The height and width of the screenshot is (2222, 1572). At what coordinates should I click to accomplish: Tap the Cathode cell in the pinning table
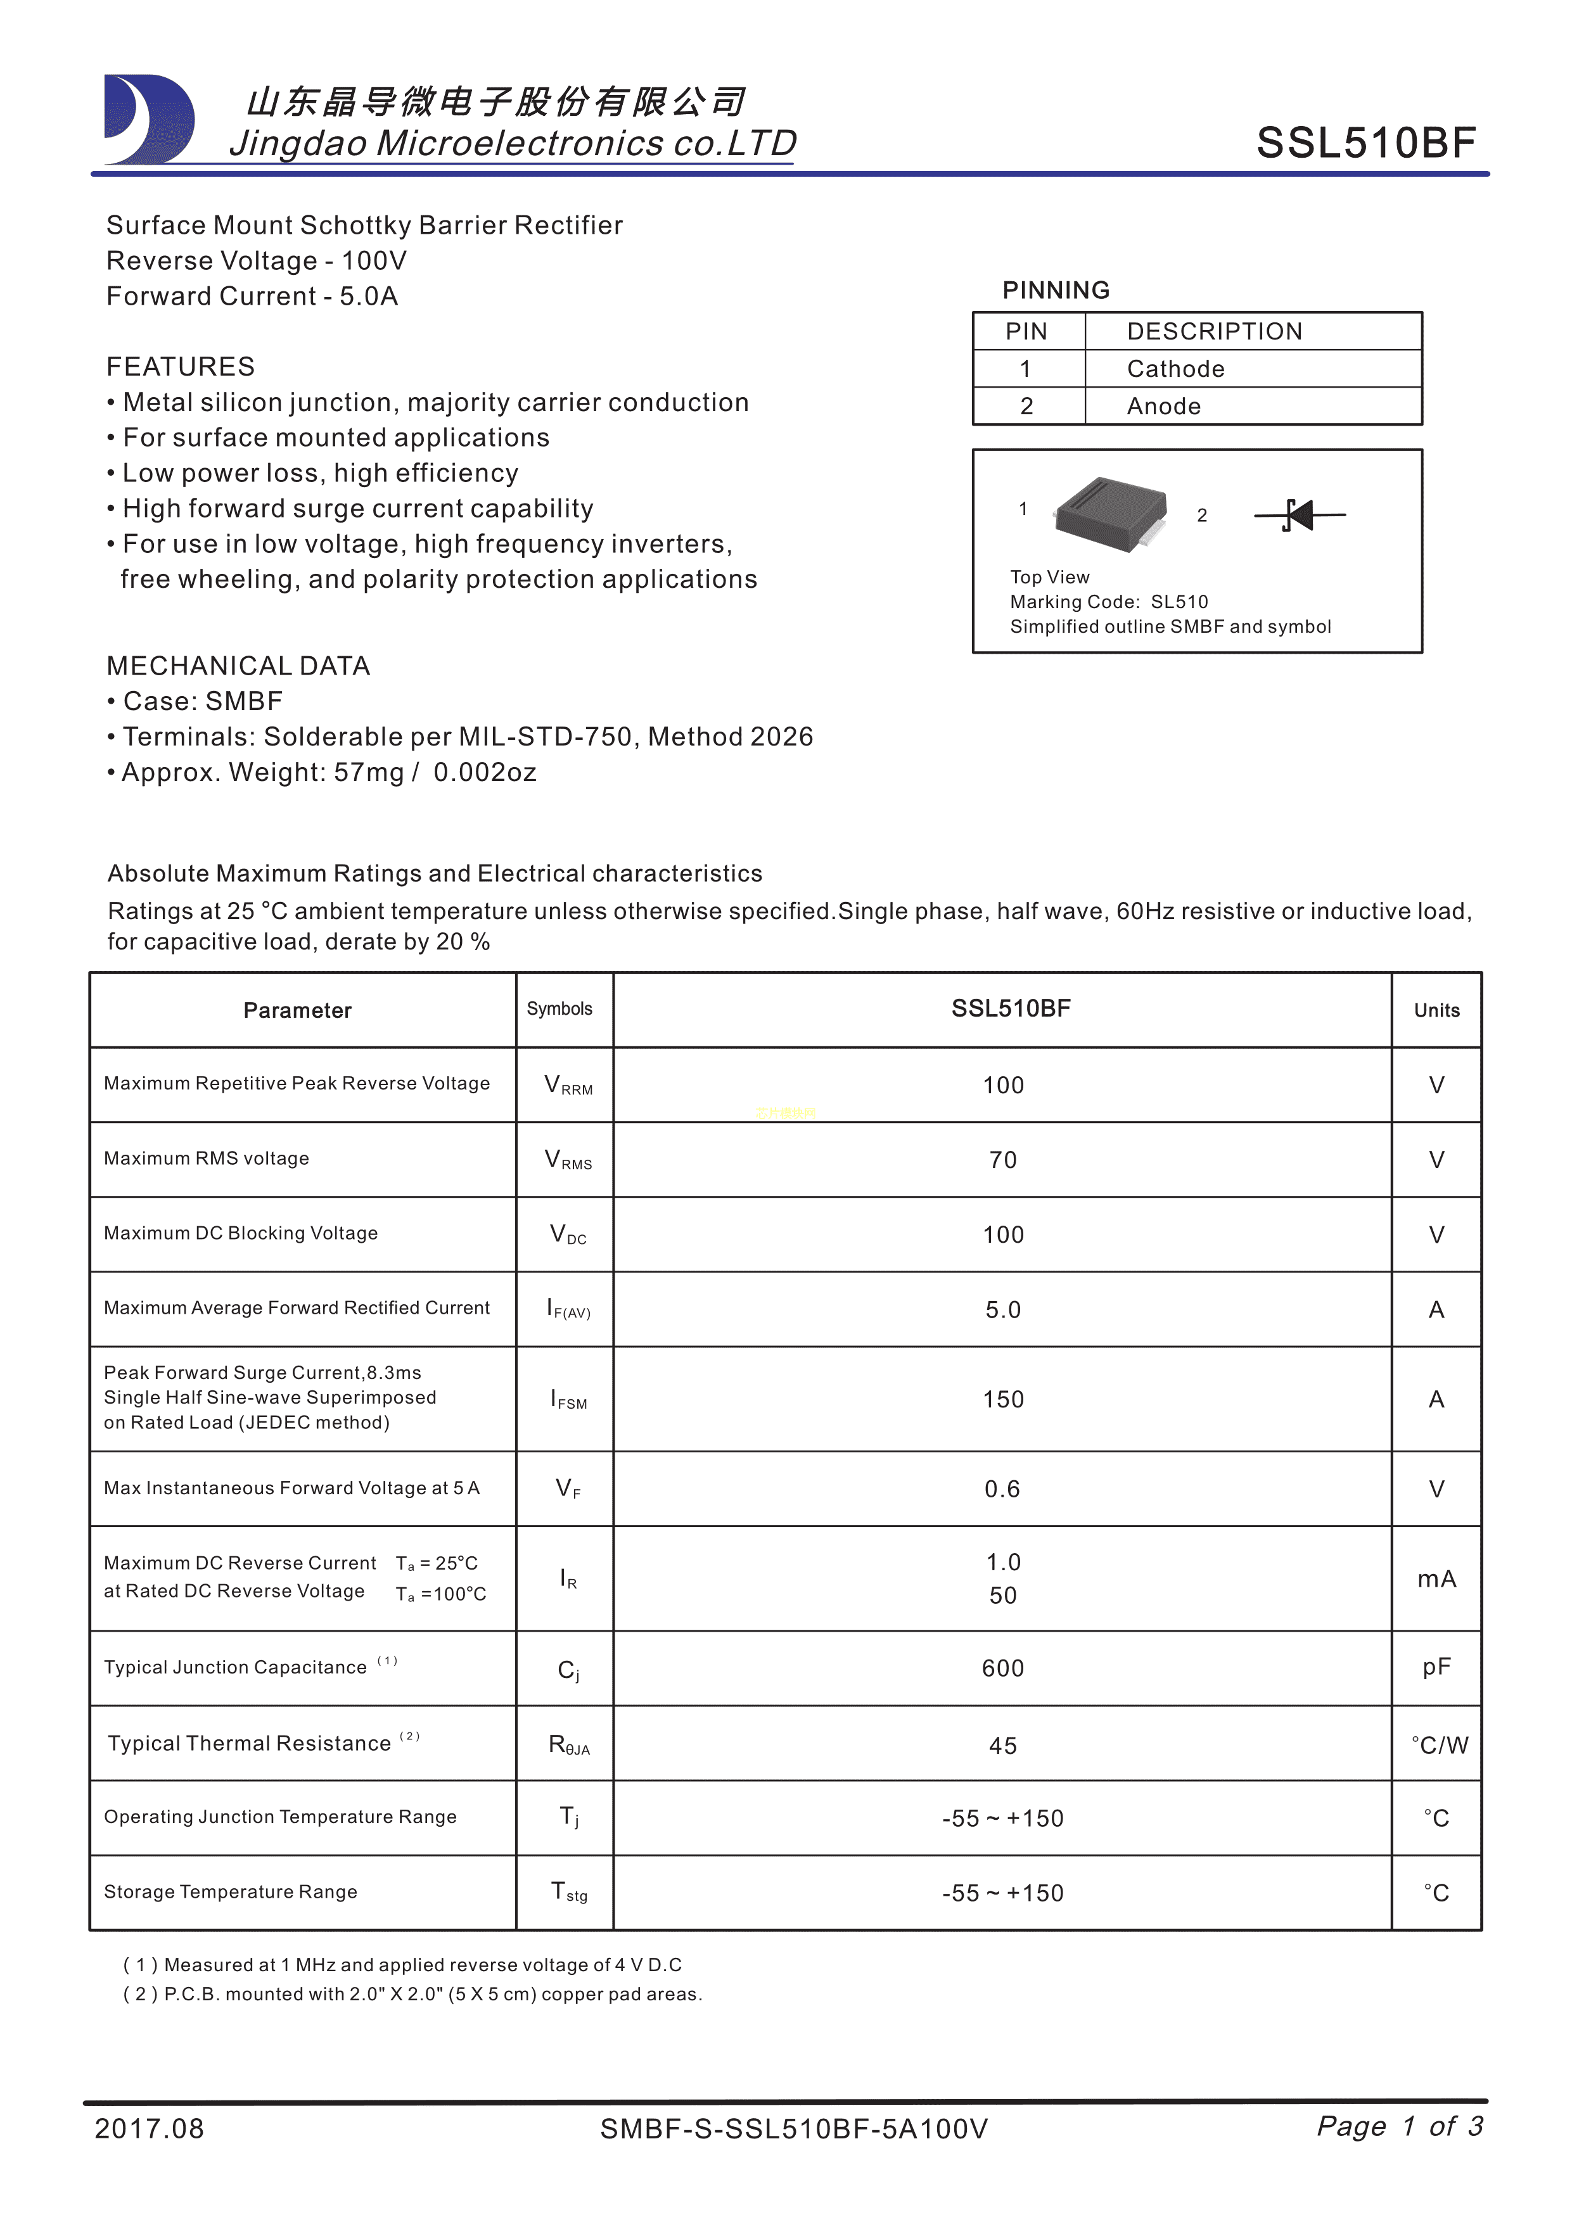[x=1175, y=369]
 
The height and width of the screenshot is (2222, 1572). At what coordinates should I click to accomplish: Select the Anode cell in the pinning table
[x=1163, y=407]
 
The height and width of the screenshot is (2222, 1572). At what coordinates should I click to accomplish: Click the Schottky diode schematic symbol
[x=1299, y=515]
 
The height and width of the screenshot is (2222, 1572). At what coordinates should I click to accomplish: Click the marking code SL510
[x=1179, y=602]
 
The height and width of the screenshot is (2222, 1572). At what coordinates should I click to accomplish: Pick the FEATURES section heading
[x=180, y=367]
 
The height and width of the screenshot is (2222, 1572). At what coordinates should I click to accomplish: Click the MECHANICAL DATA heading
[x=238, y=666]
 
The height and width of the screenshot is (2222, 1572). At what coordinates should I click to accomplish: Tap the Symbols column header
[x=559, y=1008]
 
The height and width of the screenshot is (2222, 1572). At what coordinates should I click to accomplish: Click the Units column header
[x=1436, y=1010]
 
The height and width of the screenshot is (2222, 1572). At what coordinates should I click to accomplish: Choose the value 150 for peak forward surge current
[x=1003, y=1399]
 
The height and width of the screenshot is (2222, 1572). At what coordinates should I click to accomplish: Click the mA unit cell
[x=1436, y=1578]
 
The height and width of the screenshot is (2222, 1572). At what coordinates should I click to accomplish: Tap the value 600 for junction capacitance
[x=1003, y=1668]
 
